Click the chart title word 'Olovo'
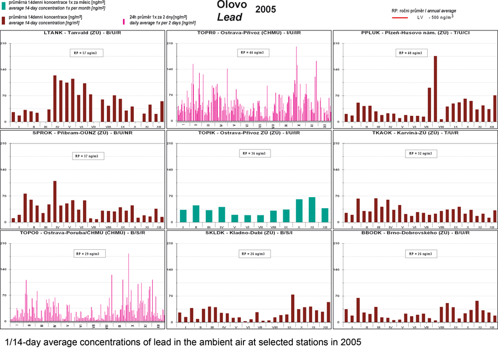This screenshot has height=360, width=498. coord(232,5)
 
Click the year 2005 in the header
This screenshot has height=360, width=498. coord(266,9)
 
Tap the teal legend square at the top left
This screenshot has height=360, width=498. coord(4,4)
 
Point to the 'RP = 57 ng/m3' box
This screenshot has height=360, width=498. coord(84,53)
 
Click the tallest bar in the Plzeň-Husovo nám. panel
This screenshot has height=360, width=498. coord(435,89)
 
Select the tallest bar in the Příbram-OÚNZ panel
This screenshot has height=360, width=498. coord(55,201)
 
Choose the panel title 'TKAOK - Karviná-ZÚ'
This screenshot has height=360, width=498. coord(415,133)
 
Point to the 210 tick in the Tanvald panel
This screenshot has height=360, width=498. coord(4,43)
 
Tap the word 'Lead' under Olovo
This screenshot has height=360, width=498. coord(230,17)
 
